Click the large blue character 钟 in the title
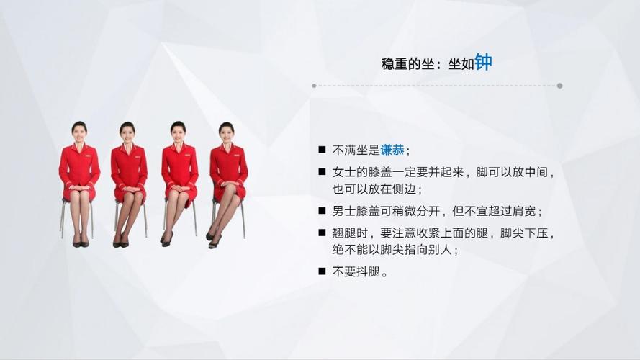[483, 62]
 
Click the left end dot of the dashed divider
[314, 86]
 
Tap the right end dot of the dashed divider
[559, 86]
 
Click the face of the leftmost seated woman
[79, 130]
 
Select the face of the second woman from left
[128, 131]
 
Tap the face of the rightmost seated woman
[227, 131]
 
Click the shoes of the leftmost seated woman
[80, 243]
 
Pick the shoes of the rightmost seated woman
[212, 240]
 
